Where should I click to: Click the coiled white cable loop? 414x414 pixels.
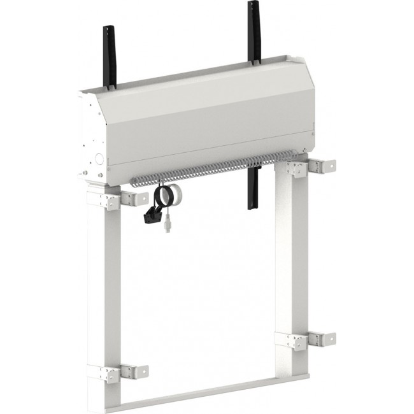click(170, 196)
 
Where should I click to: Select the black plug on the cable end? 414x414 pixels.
click(152, 217)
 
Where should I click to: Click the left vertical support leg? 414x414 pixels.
click(104, 287)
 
